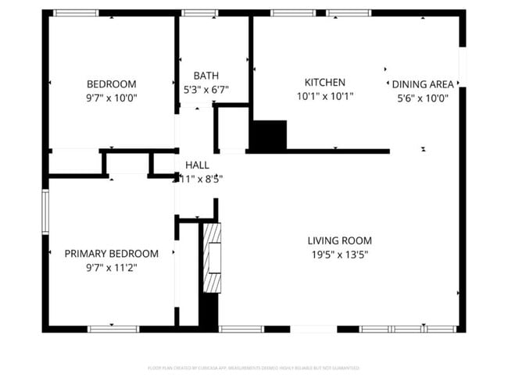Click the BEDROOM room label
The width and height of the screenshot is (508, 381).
pos(111,84)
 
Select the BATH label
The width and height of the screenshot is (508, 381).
pos(206,76)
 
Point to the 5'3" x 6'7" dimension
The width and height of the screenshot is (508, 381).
pos(206,89)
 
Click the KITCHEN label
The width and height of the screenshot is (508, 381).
pos(324,82)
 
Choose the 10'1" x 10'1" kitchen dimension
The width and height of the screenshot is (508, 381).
pos(324,96)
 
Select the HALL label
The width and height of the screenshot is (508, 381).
pos(197,166)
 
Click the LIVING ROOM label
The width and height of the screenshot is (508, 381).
pos(339,240)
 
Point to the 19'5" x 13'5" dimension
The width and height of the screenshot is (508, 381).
pos(339,254)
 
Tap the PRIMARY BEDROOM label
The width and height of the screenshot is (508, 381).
pos(111,254)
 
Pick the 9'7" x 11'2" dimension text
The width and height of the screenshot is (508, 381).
pos(111,267)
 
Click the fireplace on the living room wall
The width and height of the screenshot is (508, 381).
pos(212,258)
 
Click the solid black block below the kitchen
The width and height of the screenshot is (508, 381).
pos(269,135)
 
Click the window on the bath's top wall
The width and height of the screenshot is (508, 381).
pos(199,13)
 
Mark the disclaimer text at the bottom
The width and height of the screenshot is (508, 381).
pos(253,367)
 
